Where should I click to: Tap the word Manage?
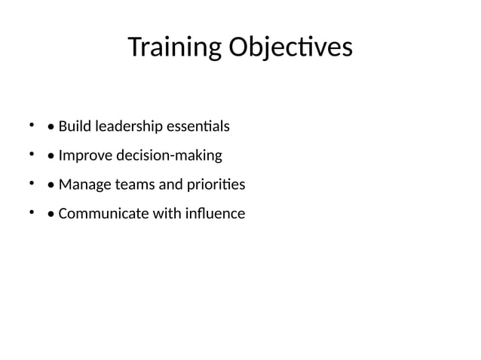coord(81,185)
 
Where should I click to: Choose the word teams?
coord(131,185)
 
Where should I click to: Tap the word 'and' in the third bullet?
coord(166,185)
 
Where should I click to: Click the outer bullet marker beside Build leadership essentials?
coord(32,124)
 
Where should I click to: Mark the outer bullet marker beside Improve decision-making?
coord(32,154)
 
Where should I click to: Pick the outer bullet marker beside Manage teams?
coord(32,183)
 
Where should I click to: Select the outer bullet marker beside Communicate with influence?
coord(32,212)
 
